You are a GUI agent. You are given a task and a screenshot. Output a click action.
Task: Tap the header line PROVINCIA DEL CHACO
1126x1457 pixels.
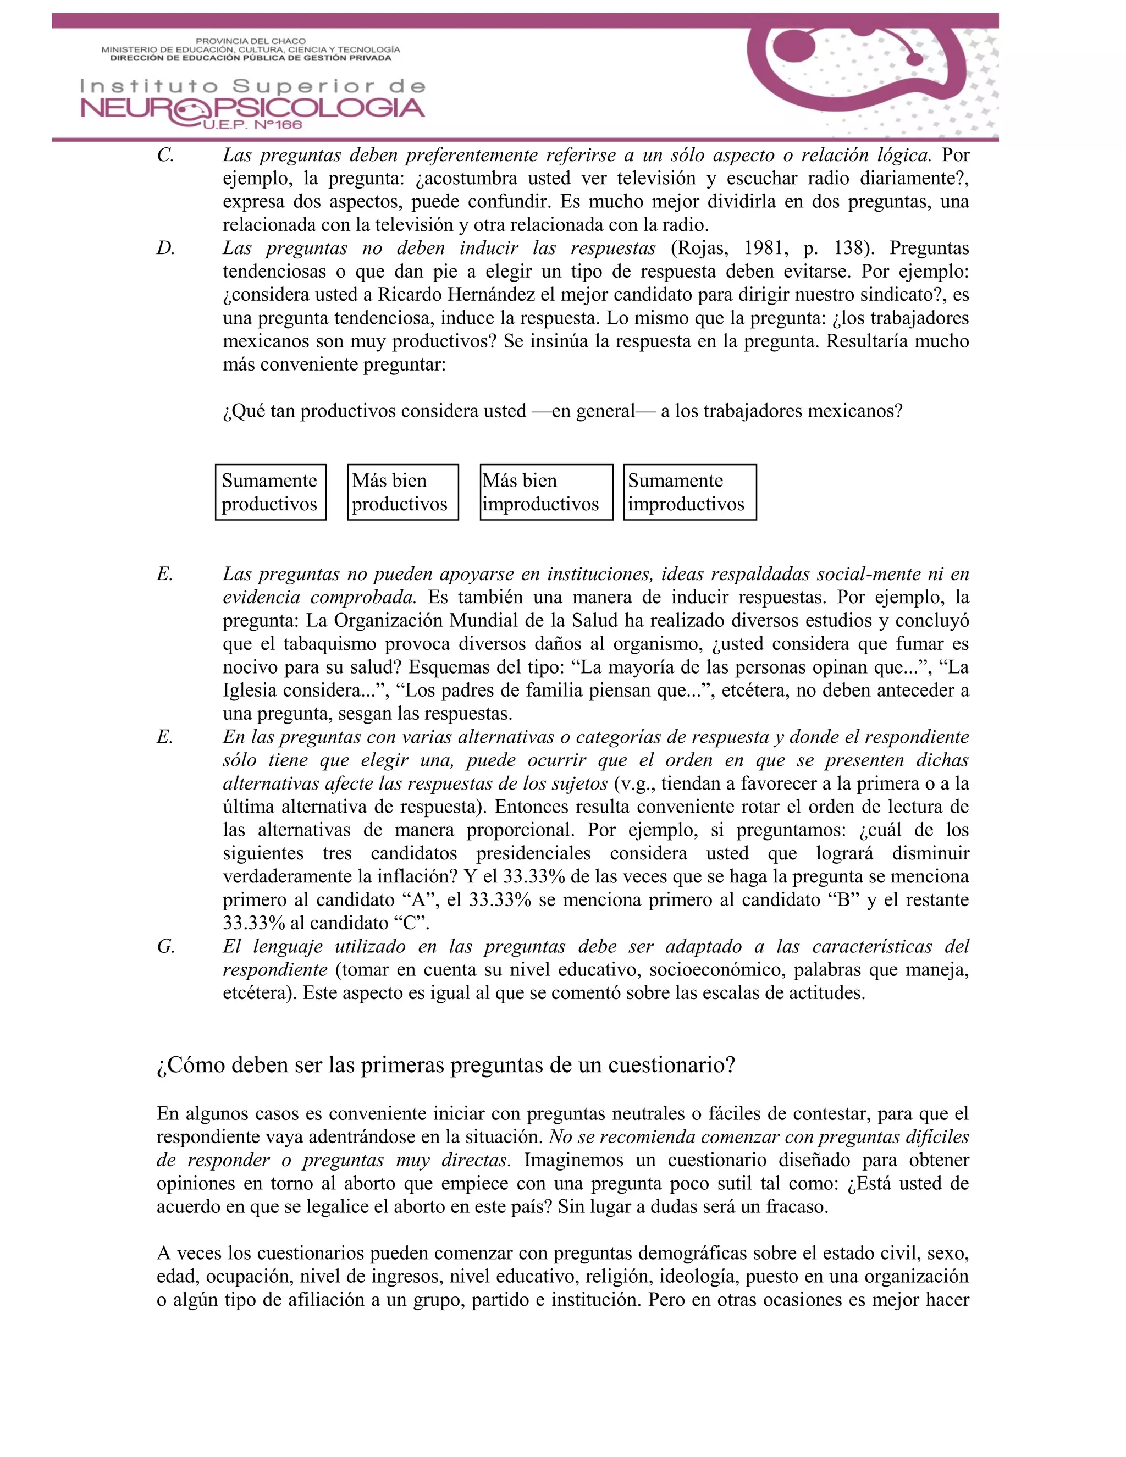(x=251, y=41)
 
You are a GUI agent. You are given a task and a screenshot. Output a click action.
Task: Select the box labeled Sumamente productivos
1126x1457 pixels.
(x=270, y=492)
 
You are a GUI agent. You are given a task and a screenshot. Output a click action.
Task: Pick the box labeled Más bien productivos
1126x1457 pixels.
(x=403, y=492)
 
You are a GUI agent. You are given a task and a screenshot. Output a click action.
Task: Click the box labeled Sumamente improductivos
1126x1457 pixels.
(x=690, y=492)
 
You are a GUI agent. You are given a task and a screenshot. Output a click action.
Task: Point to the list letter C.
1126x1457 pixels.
(x=165, y=156)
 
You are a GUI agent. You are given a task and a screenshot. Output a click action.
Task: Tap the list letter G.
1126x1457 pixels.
(x=165, y=947)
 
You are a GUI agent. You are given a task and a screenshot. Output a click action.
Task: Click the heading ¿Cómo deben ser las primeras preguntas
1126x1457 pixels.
(x=445, y=1065)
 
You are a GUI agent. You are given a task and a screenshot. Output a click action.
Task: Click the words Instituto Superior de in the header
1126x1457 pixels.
(x=252, y=86)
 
